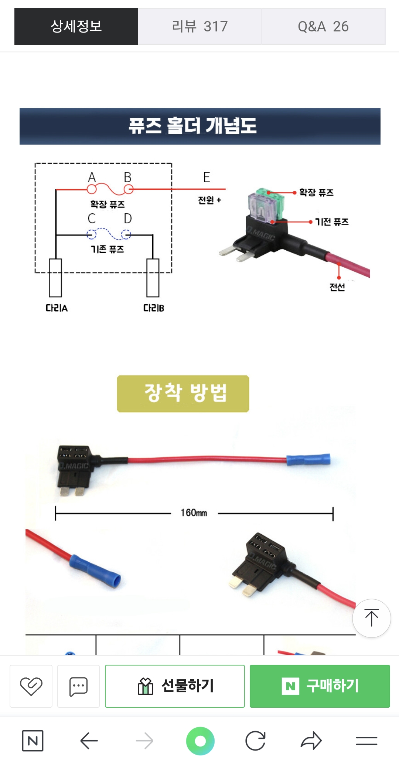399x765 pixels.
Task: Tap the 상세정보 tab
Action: pos(76,26)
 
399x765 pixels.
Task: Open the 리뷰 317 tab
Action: pos(199,26)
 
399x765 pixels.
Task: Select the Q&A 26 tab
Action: pos(323,26)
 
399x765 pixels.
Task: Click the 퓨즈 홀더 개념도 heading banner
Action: pos(200,126)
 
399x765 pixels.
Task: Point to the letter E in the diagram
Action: pos(207,177)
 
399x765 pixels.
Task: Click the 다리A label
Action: pos(57,308)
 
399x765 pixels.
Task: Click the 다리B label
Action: pos(154,308)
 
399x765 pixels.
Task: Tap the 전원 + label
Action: pos(209,200)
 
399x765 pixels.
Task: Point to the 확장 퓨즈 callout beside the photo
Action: pos(316,192)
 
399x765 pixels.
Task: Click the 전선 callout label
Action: pos(337,287)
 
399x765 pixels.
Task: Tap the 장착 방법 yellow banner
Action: pos(183,393)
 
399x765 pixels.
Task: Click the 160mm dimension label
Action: pos(194,513)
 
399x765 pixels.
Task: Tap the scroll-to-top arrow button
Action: pos(371,618)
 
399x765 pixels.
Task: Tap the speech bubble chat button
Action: pos(78,686)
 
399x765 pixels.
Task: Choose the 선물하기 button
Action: pos(175,686)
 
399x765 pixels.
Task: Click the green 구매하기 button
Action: pos(320,686)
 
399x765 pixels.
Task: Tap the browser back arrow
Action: pos(89,741)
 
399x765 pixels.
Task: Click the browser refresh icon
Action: pos(255,741)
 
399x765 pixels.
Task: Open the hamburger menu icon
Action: pos(366,741)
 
